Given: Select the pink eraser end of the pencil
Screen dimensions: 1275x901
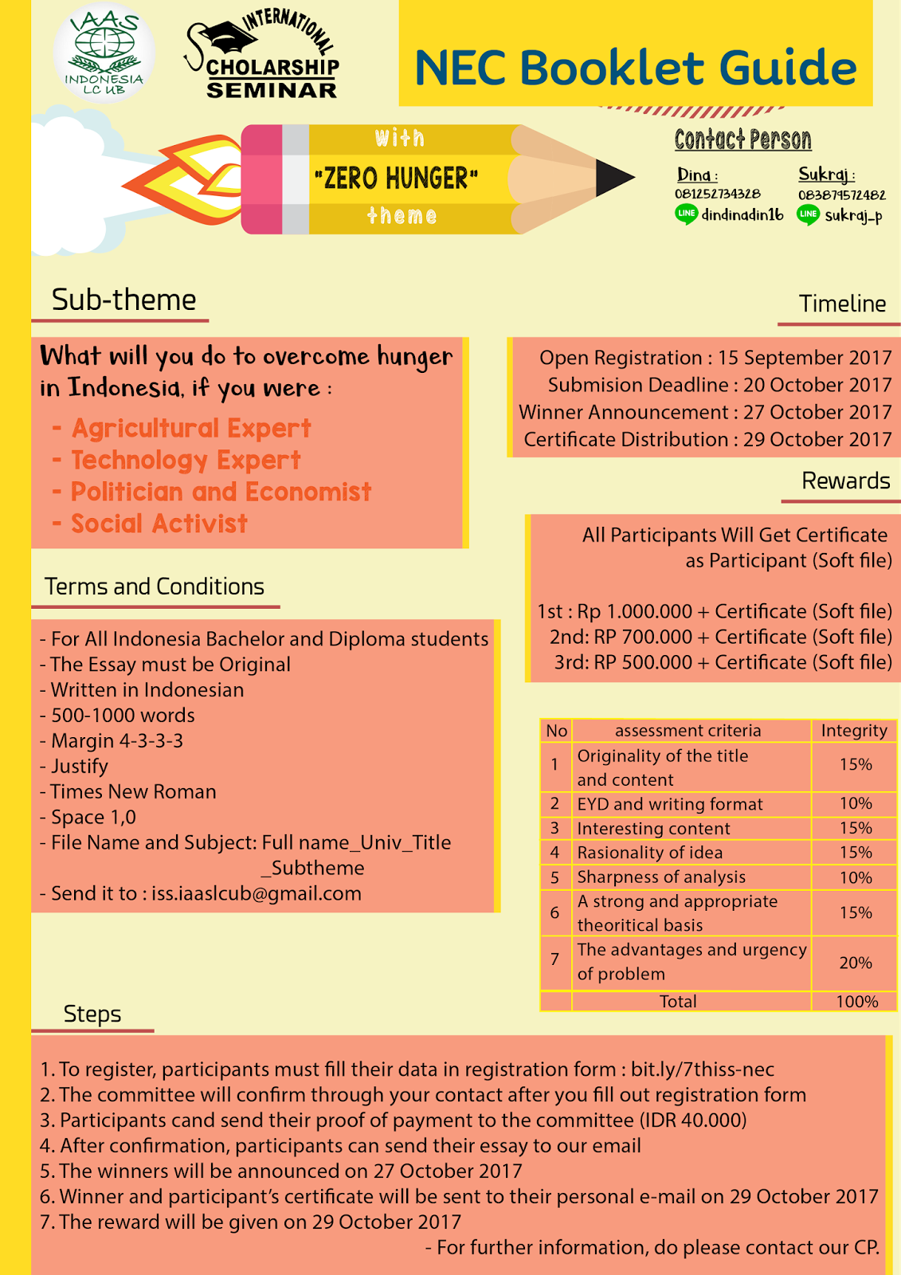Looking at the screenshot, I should (261, 179).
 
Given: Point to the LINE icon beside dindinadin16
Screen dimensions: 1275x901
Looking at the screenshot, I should (686, 214).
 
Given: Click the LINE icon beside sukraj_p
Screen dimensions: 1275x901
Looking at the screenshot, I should (808, 214).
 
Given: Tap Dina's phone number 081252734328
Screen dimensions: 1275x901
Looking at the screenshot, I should (717, 194).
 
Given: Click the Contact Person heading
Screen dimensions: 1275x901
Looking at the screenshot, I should (742, 140).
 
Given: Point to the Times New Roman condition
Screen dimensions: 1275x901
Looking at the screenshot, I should (133, 791).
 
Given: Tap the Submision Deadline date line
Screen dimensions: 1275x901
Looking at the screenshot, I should (719, 385).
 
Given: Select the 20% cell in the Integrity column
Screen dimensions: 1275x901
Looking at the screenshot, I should (855, 963).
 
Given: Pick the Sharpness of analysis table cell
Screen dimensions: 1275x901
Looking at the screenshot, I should (661, 877).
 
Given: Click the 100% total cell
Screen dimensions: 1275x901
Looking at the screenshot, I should (856, 1002).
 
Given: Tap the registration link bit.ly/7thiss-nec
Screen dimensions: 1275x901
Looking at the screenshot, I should (702, 1069).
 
